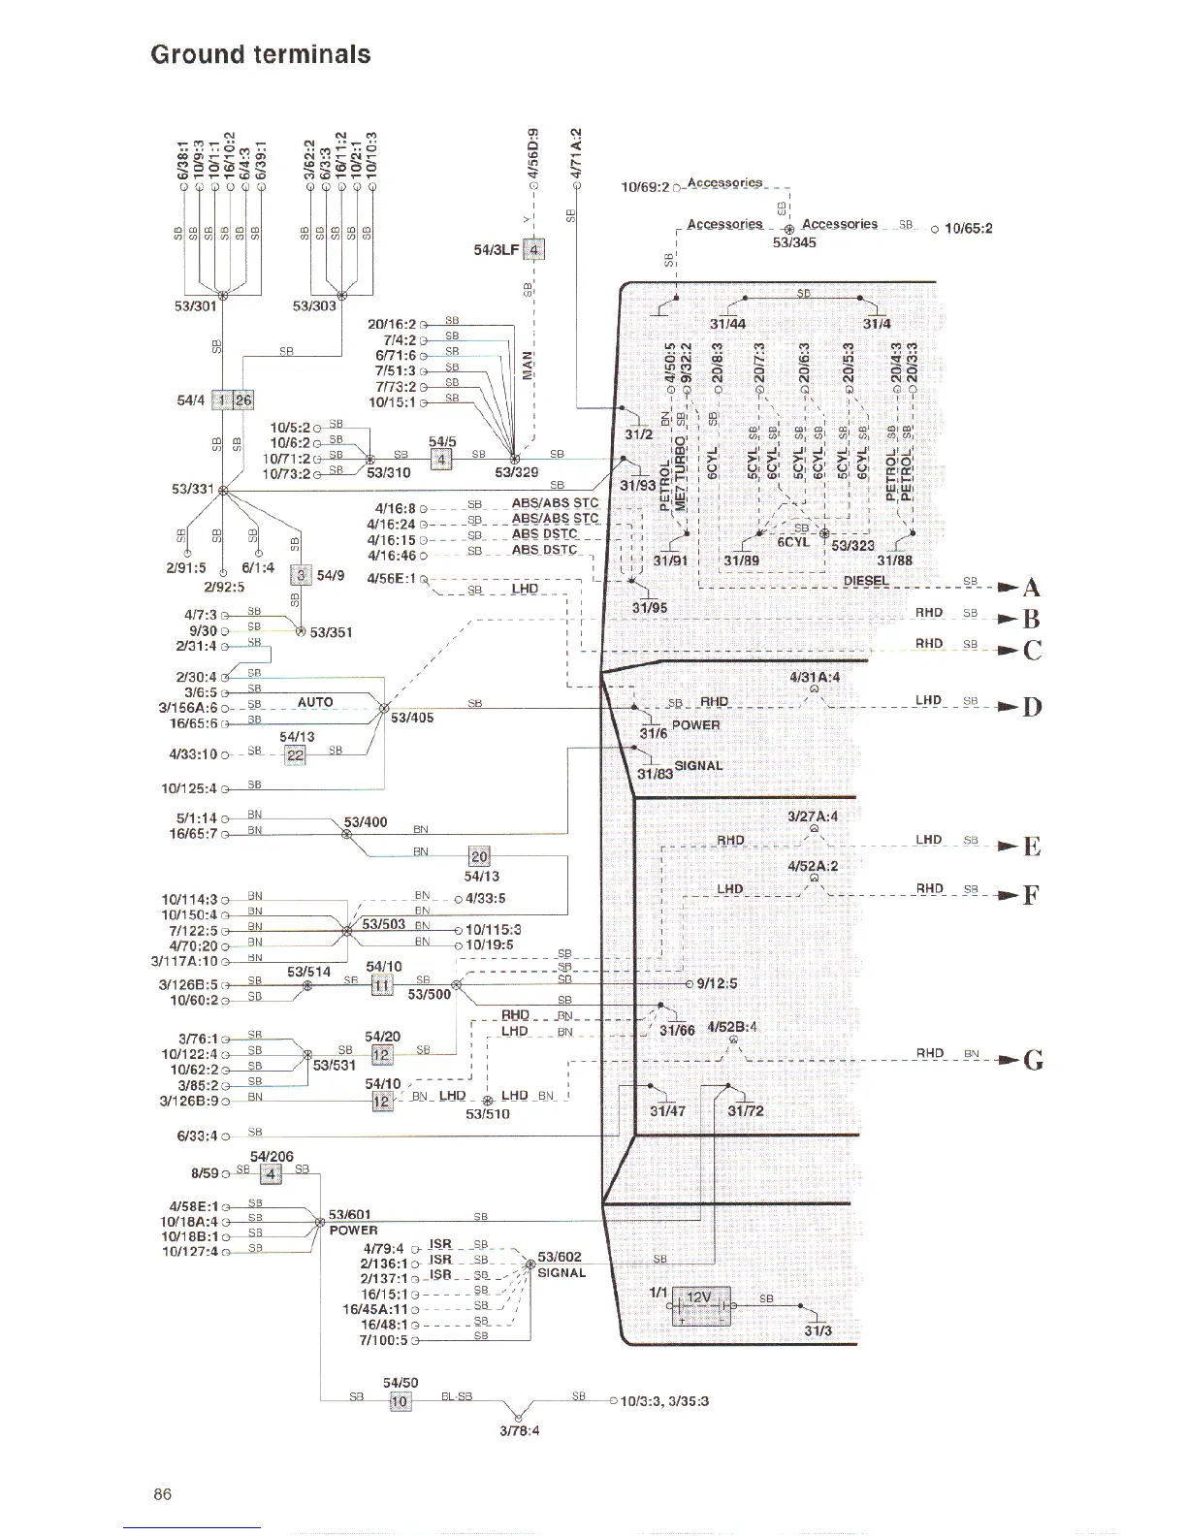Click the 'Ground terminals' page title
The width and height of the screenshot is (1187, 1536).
[x=260, y=54]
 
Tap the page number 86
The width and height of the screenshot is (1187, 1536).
[x=162, y=1494]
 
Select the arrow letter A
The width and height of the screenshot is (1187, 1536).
[x=1032, y=587]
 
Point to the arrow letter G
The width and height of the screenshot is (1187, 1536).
[x=1034, y=1060]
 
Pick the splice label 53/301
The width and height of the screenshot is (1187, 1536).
[x=195, y=306]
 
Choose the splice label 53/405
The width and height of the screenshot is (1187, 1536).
[x=412, y=718]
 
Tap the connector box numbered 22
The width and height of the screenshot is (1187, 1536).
[x=295, y=755]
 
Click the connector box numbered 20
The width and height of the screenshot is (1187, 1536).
[x=479, y=856]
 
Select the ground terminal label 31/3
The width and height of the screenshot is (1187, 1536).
[x=818, y=1330]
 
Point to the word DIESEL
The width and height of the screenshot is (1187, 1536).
[x=866, y=581]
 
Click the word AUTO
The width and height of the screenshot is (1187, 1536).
[x=315, y=702]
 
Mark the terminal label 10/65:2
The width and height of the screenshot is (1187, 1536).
[x=968, y=229]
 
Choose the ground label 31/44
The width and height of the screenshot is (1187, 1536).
[x=727, y=324]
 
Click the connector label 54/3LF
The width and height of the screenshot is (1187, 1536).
[x=497, y=250]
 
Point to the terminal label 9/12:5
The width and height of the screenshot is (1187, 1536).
[x=717, y=983]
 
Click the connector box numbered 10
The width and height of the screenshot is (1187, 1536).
[x=400, y=1401]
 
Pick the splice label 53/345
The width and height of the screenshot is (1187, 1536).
[x=794, y=242]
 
